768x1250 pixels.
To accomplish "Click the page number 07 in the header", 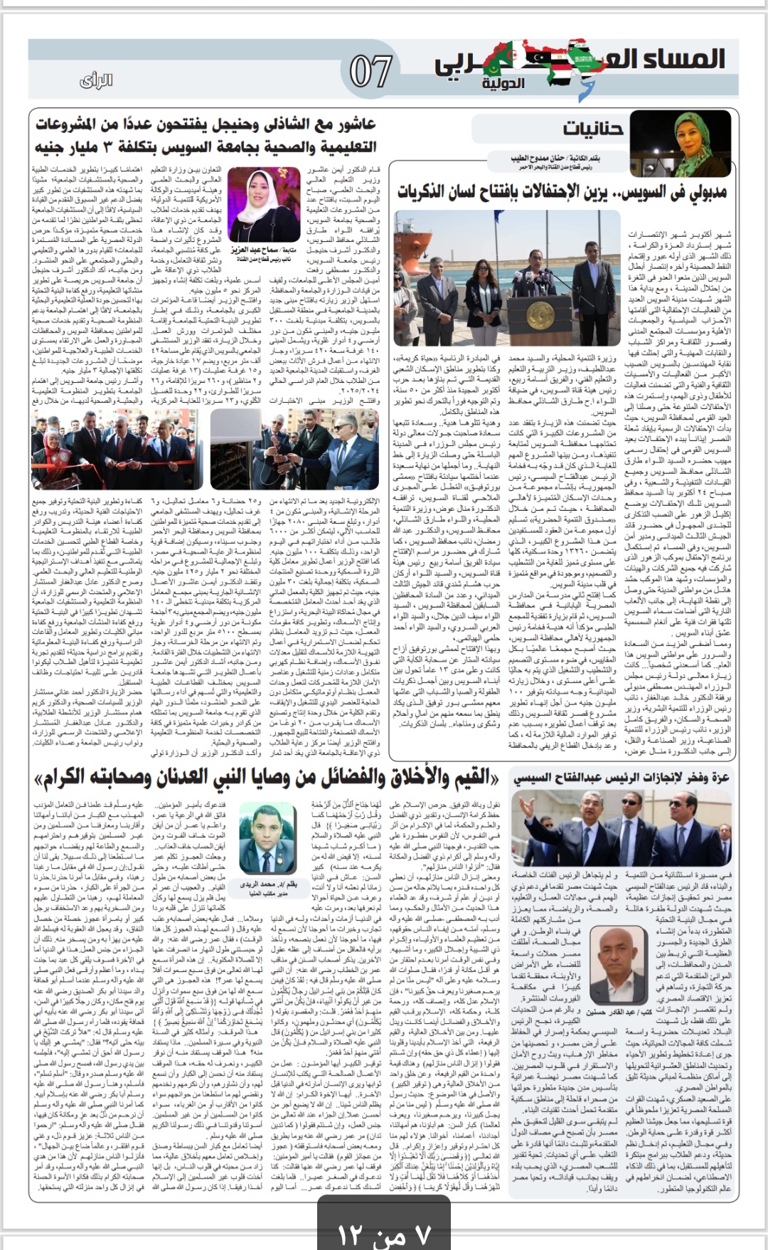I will coord(370,72).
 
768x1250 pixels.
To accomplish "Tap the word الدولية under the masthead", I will coord(503,84).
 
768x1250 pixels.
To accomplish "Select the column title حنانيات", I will coord(593,129).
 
